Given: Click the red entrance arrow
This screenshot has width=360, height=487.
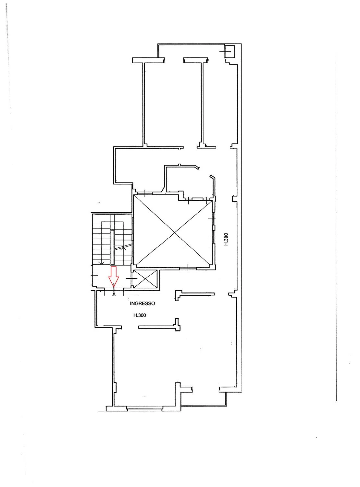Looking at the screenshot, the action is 114,277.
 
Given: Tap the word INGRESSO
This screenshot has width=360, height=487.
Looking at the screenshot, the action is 143,304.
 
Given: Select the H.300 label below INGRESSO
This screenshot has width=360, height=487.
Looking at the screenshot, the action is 140,315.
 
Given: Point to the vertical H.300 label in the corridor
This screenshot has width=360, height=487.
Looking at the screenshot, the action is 226,239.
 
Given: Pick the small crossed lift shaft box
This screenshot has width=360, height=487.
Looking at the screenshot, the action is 145,279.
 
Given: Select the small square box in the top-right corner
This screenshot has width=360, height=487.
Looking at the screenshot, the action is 230,52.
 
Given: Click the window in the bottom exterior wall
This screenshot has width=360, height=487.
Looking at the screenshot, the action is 145,408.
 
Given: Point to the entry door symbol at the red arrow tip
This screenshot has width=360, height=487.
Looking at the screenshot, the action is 114,292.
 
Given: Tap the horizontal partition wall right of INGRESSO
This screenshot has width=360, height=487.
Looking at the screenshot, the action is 194,294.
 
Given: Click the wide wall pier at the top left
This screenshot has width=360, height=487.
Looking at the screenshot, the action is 149,60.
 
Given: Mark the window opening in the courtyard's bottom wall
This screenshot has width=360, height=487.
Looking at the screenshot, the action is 188,268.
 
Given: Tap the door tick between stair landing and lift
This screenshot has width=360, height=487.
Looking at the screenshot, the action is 131,279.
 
